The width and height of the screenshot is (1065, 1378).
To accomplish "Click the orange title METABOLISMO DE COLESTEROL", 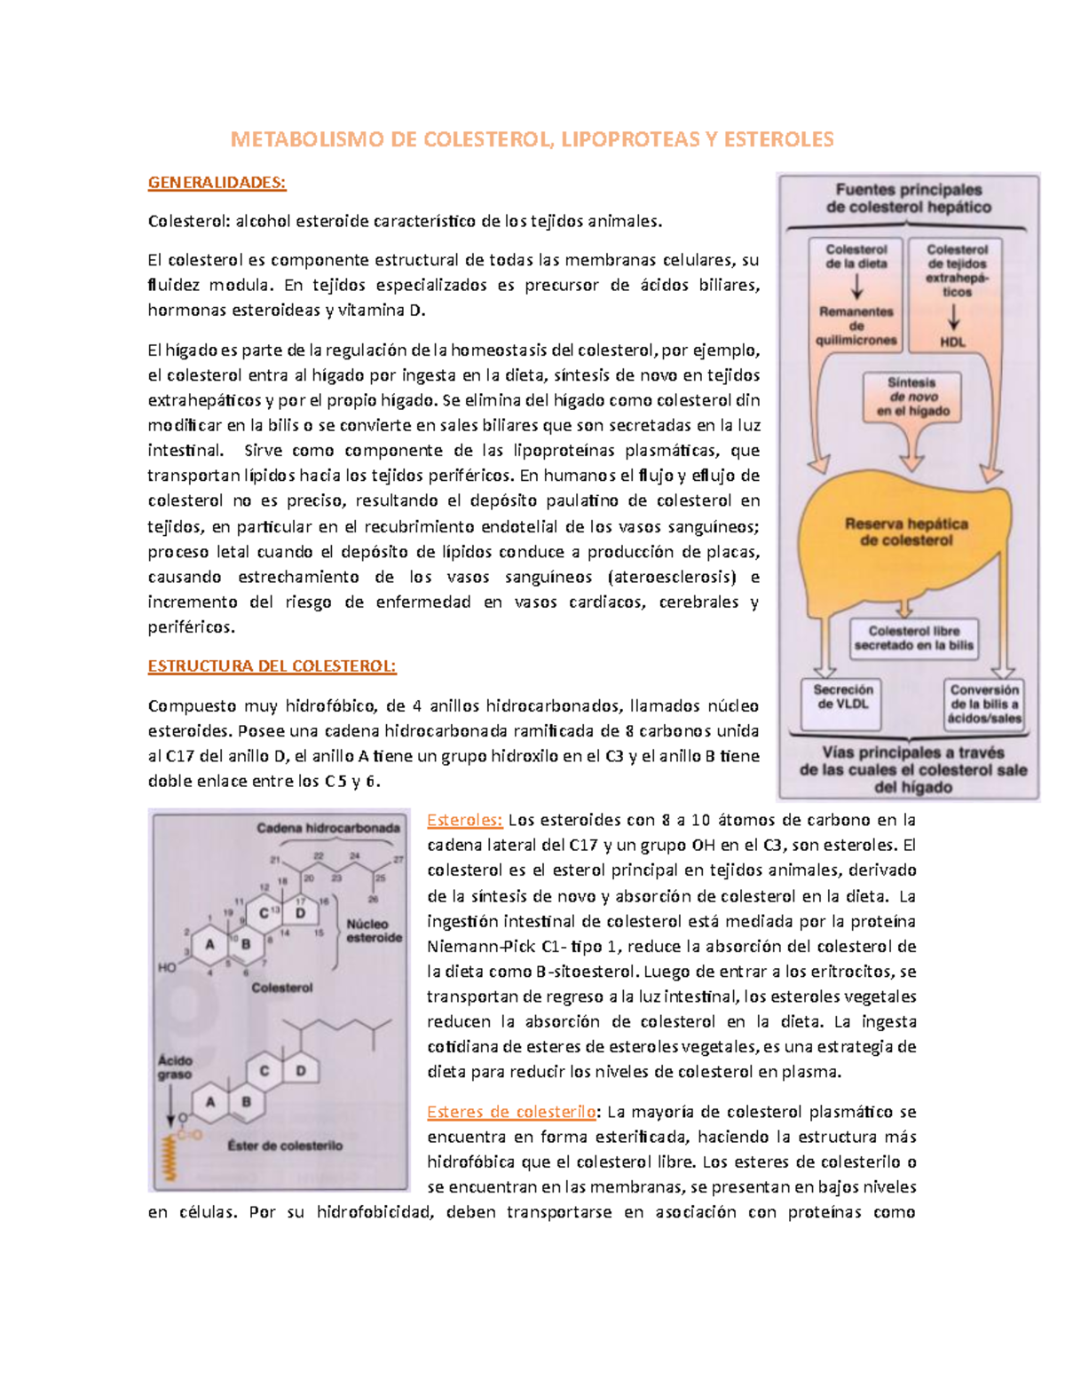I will click(x=532, y=139).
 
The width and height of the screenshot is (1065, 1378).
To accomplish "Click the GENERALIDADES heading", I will click(x=217, y=183).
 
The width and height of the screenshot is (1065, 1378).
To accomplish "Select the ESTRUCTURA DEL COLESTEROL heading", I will click(x=272, y=666).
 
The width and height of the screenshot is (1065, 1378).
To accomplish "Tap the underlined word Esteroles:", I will click(x=465, y=820).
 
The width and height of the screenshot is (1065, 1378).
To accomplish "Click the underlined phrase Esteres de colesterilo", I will click(x=511, y=1112).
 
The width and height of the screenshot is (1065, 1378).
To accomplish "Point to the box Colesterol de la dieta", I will click(x=856, y=256).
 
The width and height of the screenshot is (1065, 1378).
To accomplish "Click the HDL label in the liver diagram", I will click(x=953, y=342).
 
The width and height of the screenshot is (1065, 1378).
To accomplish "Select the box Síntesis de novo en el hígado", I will click(x=912, y=397).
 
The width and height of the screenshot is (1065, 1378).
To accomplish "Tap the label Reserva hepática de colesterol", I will click(x=905, y=532).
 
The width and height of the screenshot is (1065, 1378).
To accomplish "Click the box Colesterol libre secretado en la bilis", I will click(x=913, y=638).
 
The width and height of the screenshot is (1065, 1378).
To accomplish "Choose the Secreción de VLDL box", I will click(x=843, y=697).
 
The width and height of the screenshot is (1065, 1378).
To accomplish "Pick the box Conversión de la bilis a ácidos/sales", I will click(x=984, y=704).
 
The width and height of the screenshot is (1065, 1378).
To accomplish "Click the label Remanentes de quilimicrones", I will click(x=856, y=326).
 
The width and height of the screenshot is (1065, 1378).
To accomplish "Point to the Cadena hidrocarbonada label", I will click(x=328, y=828).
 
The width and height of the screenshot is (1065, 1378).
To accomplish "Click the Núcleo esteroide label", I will click(x=374, y=930).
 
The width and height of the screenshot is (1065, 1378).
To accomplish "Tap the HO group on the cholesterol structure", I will click(x=167, y=967).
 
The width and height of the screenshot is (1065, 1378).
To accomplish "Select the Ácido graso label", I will click(x=175, y=1067).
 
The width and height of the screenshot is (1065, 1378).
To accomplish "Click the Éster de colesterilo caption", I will click(x=284, y=1146).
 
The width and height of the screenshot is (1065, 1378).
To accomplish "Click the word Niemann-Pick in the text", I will click(x=470, y=946).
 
